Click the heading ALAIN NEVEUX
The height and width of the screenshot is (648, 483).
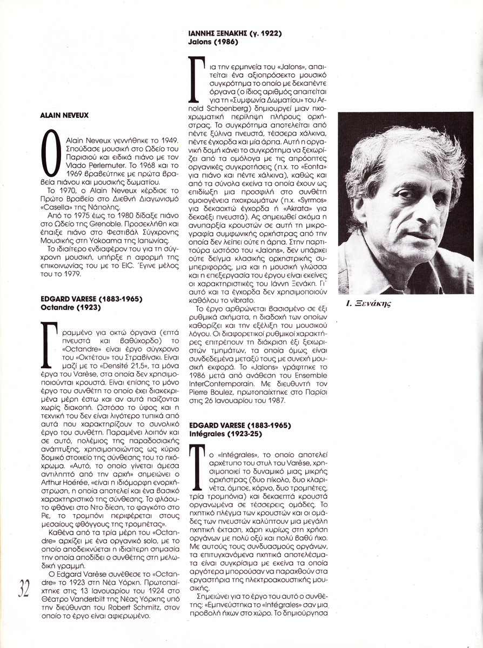coord(64,115)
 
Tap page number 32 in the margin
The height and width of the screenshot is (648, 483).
coord(24,589)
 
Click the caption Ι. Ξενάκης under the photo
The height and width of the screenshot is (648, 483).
coord(368,303)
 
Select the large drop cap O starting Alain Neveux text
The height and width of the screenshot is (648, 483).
coord(50,153)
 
